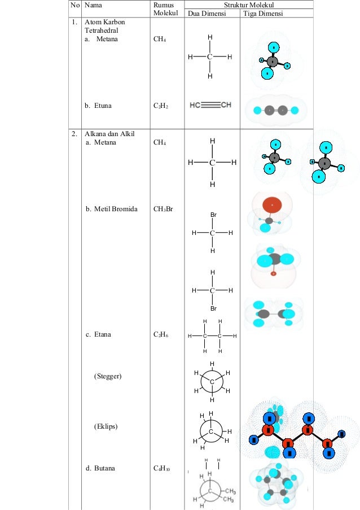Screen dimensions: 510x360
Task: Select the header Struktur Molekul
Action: coord(249,5)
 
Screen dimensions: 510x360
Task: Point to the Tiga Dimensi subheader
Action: coord(262,13)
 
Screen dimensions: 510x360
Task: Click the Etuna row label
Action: coord(98,105)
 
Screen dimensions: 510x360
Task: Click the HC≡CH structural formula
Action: coord(210,104)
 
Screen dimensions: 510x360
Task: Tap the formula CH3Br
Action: coord(163,208)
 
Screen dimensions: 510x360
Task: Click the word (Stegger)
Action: coord(108,376)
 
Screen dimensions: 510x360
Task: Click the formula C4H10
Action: coord(163,468)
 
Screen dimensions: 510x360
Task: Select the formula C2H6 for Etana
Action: coord(160,334)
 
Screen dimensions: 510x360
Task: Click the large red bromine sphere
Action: coord(272,204)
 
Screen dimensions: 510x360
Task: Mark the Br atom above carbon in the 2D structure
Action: coord(213,215)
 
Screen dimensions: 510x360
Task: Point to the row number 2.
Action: coord(74,134)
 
